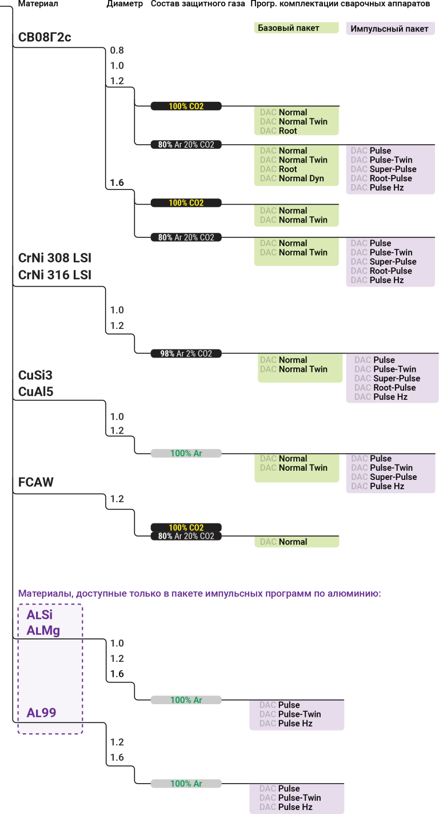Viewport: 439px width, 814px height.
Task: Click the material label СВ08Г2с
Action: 44,37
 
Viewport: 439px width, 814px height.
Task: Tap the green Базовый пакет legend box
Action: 296,28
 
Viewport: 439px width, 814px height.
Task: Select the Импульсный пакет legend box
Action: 390,29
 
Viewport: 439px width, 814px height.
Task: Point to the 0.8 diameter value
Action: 117,50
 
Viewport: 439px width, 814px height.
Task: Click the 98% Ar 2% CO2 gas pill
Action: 186,354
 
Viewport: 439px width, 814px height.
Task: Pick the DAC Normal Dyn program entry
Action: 292,178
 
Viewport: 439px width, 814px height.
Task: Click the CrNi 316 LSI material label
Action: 55,275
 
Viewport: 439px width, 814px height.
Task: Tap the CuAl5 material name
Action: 35,391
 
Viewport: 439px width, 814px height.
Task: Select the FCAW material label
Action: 35,482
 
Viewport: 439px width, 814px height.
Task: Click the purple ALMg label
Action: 43,630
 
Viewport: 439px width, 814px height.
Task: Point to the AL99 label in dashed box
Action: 41,712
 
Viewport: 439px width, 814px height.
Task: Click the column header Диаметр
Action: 125,4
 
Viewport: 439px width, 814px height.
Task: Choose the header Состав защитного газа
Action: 198,4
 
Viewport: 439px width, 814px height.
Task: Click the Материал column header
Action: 38,4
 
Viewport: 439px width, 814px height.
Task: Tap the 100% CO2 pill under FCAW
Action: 186,527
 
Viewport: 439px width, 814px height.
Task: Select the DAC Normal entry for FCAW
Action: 284,542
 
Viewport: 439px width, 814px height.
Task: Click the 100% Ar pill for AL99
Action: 186,784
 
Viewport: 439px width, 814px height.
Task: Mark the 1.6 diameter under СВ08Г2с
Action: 117,182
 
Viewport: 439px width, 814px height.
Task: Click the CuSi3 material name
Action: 35,375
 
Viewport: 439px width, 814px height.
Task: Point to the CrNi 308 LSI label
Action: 55,258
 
